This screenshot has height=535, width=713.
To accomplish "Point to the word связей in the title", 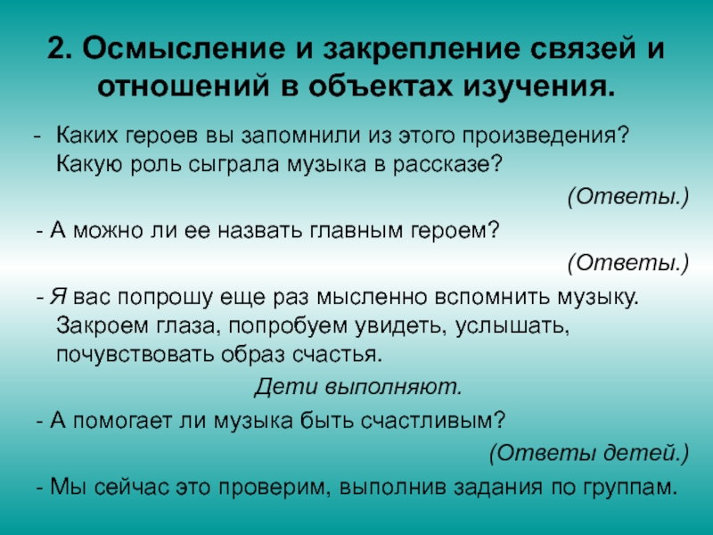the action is pos(584,48).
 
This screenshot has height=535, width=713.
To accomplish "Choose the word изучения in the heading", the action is pos(539,87).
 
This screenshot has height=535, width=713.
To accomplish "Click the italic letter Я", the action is pos(58,297).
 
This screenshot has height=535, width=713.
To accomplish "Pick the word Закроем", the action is pos(102,325).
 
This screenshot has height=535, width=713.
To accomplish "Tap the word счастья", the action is pos(337,355).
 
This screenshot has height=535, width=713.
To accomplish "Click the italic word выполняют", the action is pos(394,387).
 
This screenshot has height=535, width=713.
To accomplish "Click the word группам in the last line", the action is pos(630,488).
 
